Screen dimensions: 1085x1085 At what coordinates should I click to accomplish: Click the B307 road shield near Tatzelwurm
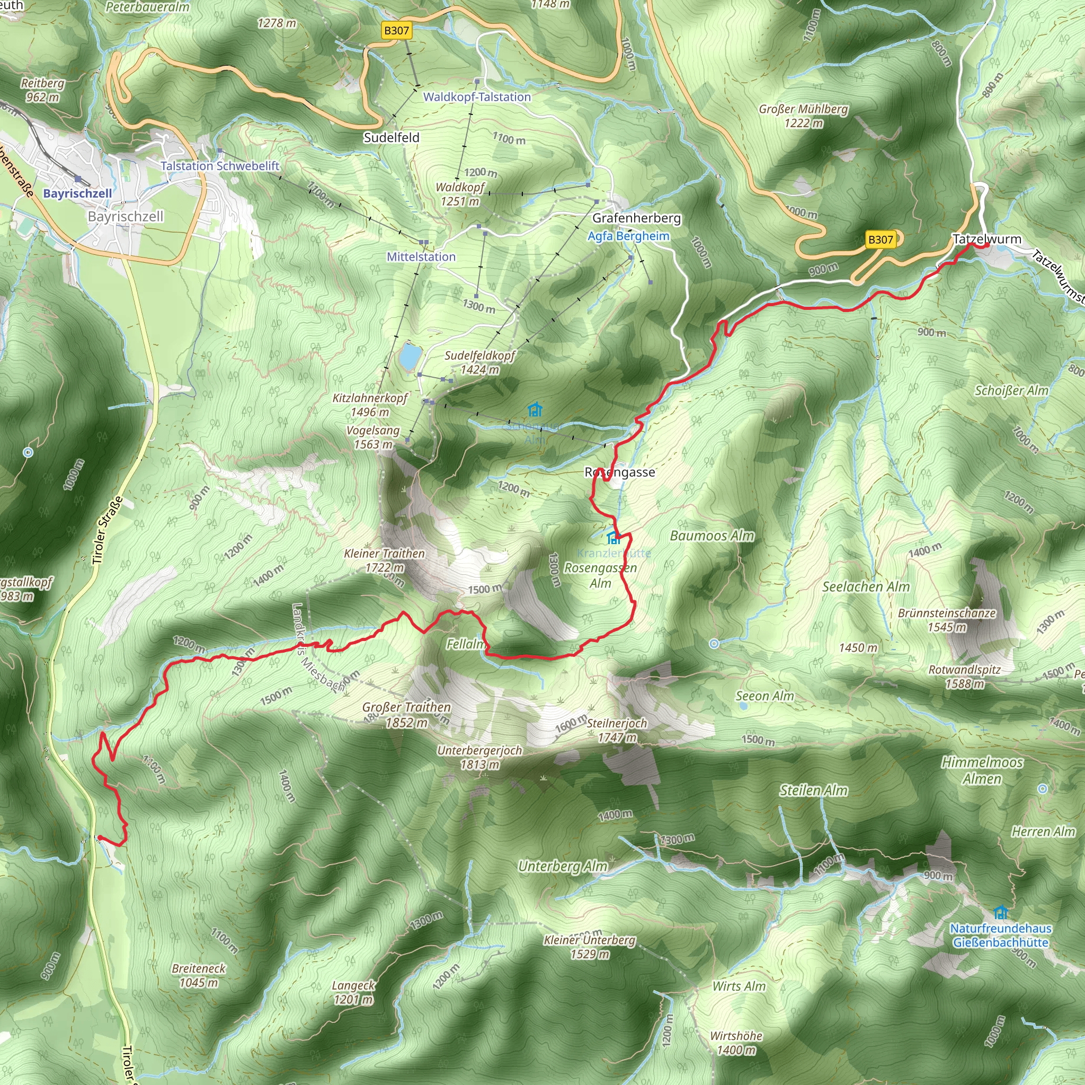click(x=880, y=240)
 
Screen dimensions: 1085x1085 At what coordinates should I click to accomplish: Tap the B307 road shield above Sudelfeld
click(x=396, y=30)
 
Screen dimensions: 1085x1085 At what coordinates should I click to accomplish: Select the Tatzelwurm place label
click(x=986, y=239)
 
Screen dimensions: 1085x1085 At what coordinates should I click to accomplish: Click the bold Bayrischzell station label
click(x=77, y=193)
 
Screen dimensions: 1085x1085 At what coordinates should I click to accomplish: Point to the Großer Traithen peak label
click(x=406, y=715)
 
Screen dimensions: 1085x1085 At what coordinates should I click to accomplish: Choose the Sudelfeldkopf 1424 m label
click(x=479, y=362)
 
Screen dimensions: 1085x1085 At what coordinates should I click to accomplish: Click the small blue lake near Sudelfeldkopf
click(x=410, y=356)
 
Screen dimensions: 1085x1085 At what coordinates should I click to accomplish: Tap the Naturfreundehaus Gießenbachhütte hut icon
click(x=1000, y=912)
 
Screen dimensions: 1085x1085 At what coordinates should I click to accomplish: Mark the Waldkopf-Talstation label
click(x=477, y=96)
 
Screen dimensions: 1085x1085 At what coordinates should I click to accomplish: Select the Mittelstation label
click(x=421, y=256)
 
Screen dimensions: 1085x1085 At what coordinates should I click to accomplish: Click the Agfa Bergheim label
click(x=628, y=236)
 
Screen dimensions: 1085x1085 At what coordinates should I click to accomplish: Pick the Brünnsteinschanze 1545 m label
click(x=947, y=620)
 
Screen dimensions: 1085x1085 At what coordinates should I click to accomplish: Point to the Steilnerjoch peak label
click(x=617, y=730)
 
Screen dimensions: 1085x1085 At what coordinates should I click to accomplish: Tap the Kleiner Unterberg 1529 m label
click(x=590, y=947)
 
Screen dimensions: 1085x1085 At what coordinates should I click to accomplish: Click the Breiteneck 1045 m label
click(x=199, y=975)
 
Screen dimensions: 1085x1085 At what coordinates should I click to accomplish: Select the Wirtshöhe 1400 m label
click(x=736, y=1043)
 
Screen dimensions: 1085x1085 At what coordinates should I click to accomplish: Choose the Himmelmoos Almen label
click(x=982, y=770)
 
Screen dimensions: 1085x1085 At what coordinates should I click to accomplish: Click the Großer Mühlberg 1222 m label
click(x=803, y=115)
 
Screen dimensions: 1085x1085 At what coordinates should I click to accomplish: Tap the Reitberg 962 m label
click(x=43, y=90)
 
